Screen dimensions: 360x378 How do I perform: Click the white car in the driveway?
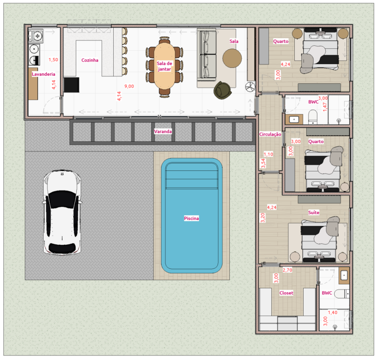(x=62, y=212)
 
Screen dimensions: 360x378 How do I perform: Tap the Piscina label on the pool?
(x=191, y=218)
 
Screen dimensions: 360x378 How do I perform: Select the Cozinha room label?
(x=90, y=60)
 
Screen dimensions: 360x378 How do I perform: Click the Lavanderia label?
(x=43, y=74)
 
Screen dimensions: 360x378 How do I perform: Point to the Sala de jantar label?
(x=164, y=66)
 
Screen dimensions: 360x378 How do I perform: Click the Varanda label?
(x=163, y=131)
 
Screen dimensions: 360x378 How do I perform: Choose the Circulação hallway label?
(x=270, y=134)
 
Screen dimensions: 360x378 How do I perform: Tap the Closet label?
(x=286, y=293)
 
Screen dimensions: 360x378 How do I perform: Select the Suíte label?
(x=314, y=212)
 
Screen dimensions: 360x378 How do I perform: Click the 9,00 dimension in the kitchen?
(x=129, y=87)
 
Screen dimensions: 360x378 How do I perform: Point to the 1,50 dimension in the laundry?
(x=53, y=60)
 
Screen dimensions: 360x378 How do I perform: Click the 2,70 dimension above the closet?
(x=288, y=270)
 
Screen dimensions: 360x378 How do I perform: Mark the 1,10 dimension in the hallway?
(x=268, y=154)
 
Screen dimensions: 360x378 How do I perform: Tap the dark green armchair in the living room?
(x=222, y=90)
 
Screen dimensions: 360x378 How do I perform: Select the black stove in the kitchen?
(x=71, y=85)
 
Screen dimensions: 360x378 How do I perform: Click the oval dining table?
(x=164, y=66)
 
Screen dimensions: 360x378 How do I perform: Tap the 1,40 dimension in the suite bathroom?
(x=333, y=313)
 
